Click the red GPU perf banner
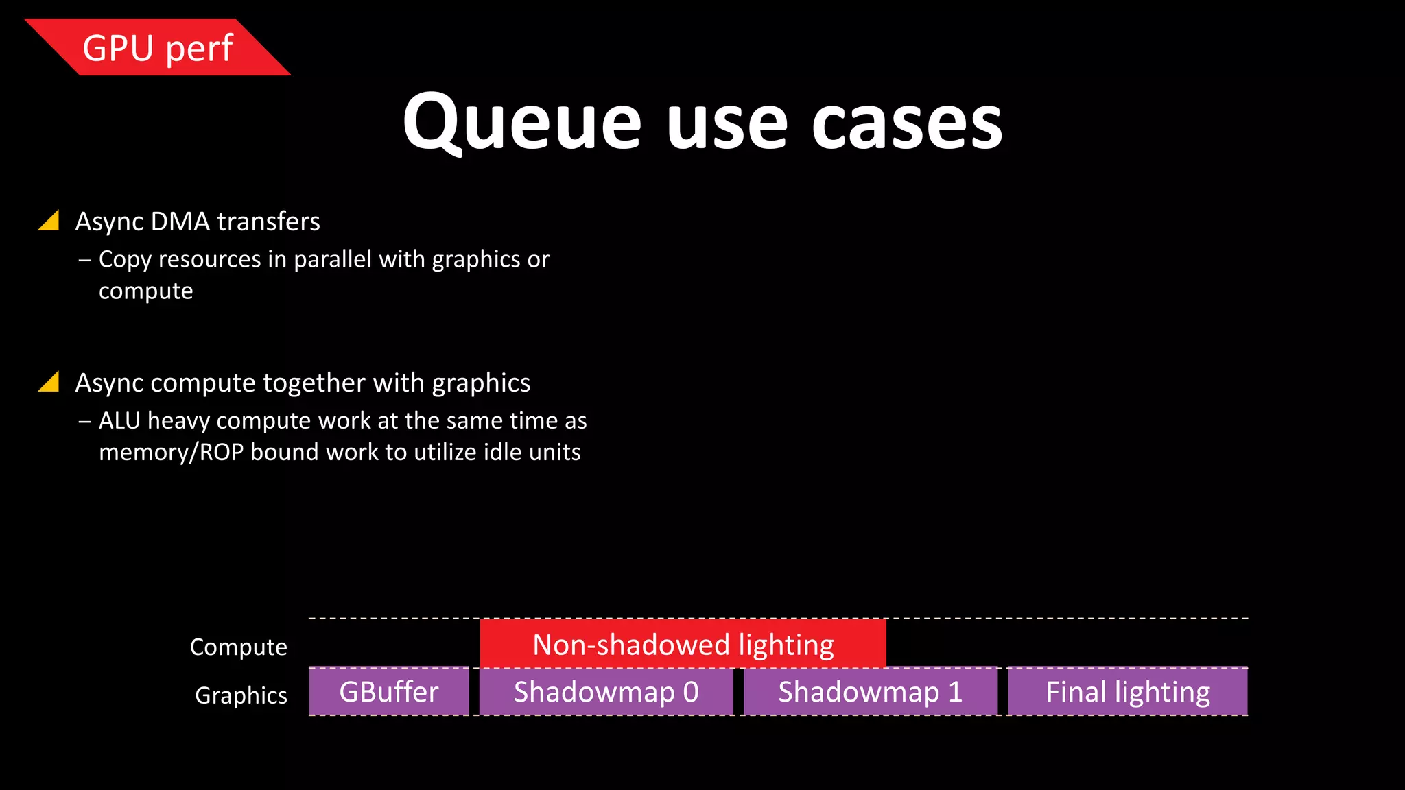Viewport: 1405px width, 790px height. click(158, 48)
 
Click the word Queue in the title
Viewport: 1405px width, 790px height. click(521, 123)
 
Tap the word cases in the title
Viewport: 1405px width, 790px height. click(907, 123)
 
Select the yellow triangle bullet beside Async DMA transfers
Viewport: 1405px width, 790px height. click(49, 221)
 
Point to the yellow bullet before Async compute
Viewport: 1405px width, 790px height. click(49, 382)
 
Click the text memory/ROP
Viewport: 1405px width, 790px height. click(172, 453)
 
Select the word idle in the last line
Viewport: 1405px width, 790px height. click(503, 453)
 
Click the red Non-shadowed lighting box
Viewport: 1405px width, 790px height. click(683, 644)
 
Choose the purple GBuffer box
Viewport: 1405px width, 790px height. click(389, 692)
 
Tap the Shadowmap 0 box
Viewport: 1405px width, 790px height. click(606, 692)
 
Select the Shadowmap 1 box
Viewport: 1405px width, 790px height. click(870, 692)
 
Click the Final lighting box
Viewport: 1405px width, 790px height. click(1127, 692)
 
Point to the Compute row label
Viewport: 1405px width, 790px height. click(238, 647)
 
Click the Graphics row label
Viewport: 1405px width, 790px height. click(241, 695)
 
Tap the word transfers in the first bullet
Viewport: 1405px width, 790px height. click(268, 222)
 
